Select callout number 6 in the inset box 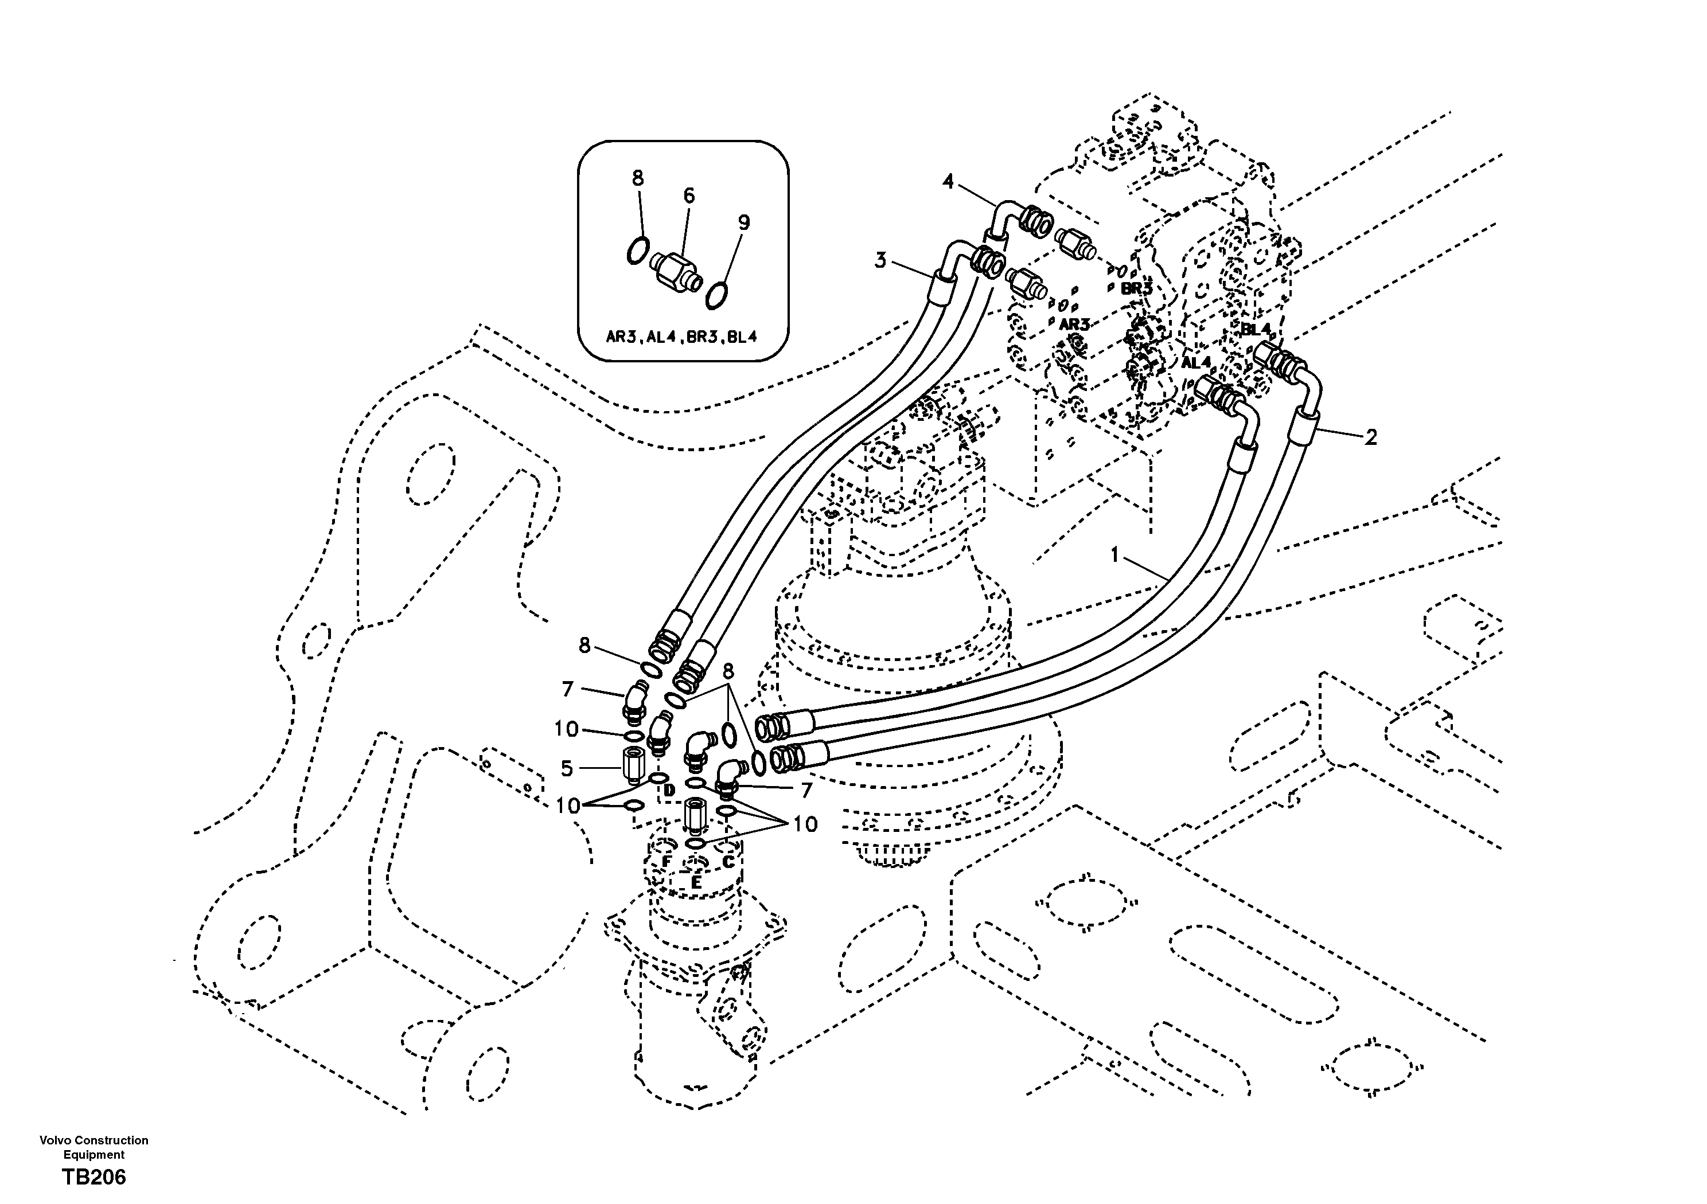[688, 196]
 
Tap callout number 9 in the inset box [743, 222]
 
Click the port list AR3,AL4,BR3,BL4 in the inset [681, 337]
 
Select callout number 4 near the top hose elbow [948, 181]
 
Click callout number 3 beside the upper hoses [880, 260]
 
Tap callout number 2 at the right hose [1371, 437]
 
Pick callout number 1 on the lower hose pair [1114, 554]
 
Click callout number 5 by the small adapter [567, 768]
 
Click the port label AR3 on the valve [1074, 325]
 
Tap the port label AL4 [1197, 363]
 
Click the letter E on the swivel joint [696, 882]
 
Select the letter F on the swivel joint [667, 861]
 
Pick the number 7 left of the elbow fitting [567, 690]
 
